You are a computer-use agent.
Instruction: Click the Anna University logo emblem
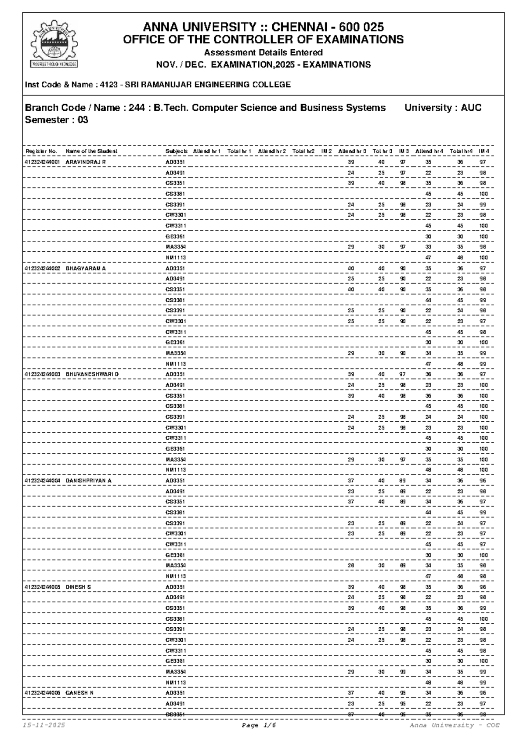(54, 43)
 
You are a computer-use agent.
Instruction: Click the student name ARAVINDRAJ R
(86, 162)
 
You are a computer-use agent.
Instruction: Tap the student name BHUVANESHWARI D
(92, 374)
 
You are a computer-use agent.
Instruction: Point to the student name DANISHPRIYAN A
(89, 481)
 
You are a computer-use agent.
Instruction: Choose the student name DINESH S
(78, 587)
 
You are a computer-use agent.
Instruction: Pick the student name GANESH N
(79, 693)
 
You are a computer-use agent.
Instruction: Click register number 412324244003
(43, 374)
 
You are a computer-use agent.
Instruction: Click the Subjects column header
(177, 151)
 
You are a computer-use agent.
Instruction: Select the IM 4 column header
(484, 151)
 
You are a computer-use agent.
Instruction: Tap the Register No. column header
(41, 151)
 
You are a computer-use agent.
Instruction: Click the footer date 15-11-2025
(44, 725)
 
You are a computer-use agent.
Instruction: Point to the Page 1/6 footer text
(259, 725)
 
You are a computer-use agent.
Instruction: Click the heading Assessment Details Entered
(263, 53)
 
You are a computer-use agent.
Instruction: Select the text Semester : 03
(57, 120)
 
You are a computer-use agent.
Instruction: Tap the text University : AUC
(443, 108)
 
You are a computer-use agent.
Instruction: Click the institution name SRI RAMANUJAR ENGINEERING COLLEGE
(208, 84)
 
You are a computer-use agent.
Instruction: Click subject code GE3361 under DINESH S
(175, 661)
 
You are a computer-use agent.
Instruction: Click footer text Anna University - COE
(455, 725)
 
